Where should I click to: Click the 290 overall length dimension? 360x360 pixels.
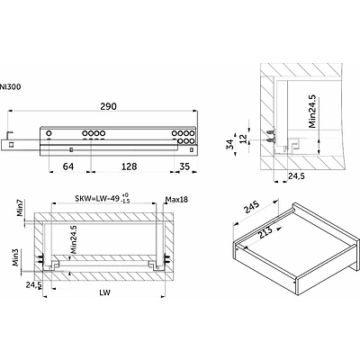108,106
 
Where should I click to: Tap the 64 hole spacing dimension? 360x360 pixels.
68,166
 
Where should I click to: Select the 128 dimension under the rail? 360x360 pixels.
130,166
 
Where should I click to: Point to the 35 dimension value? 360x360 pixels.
184,166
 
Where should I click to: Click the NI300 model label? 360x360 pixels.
10,87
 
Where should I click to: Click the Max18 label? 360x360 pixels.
176,199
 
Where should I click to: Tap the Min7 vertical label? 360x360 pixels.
20,207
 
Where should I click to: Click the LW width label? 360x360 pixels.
104,292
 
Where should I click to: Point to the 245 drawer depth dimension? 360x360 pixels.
251,207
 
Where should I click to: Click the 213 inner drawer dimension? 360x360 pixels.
265,232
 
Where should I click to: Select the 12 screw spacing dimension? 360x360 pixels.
244,139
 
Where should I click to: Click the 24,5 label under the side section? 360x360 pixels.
296,176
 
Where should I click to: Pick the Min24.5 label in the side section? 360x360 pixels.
312,112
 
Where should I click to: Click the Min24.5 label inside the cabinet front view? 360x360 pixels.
73,239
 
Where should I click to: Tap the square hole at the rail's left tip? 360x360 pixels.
11,145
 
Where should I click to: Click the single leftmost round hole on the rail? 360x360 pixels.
49,133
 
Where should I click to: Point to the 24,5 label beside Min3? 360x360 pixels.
33,284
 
